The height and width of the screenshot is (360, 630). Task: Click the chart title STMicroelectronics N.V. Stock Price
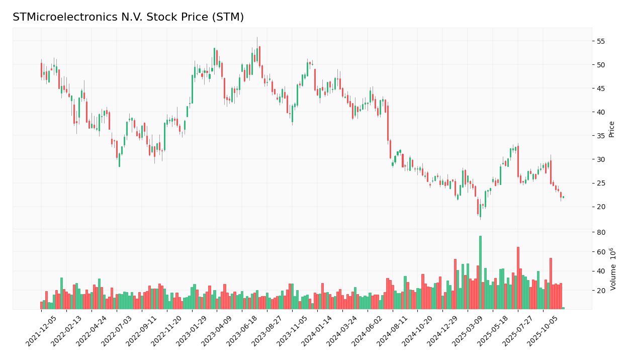128,18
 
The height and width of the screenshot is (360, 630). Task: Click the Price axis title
612,129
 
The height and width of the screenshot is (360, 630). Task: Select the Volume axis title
613,268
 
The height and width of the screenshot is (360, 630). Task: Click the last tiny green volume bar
563,308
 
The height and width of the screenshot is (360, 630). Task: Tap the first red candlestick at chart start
41,70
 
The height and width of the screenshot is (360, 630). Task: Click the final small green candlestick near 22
563,197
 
